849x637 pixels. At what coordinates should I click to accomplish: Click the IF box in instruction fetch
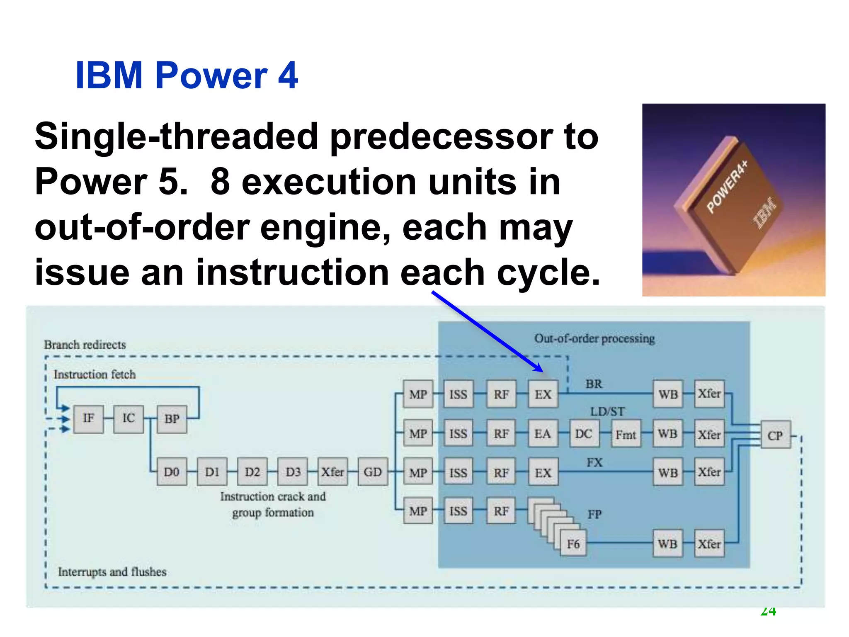point(88,419)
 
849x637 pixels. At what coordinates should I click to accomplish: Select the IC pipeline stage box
point(129,419)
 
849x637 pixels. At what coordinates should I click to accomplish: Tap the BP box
point(172,419)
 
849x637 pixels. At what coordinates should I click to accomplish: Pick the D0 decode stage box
point(172,472)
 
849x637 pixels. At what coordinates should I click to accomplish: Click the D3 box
point(293,472)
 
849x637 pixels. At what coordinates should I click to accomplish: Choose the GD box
point(373,472)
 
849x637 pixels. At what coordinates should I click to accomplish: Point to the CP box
point(775,435)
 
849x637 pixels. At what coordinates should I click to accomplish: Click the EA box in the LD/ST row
point(543,434)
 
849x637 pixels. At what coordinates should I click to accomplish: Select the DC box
point(584,434)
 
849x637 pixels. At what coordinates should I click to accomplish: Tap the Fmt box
point(626,435)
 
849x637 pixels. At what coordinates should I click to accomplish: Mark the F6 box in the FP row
point(573,544)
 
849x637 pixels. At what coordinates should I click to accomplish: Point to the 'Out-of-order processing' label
point(594,339)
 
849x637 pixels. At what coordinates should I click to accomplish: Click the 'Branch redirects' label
point(85,345)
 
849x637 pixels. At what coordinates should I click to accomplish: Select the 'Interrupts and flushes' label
point(112,572)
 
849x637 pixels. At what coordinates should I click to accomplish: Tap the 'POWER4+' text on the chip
point(728,186)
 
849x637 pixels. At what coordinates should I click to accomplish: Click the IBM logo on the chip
point(765,213)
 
